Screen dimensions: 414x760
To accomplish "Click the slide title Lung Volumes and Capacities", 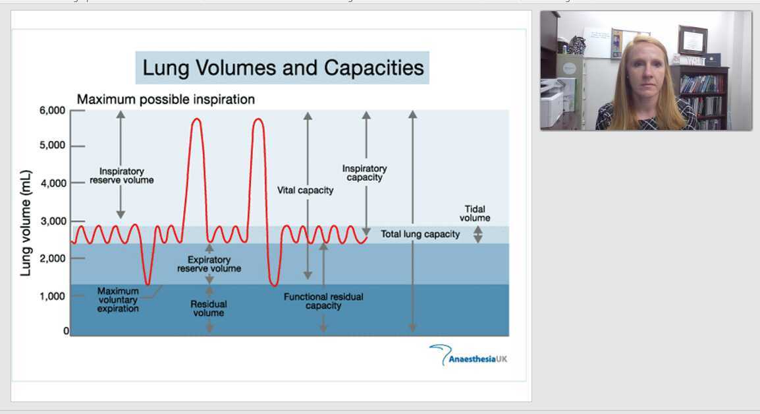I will point(283,68).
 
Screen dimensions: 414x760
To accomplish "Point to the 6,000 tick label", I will point(52,111).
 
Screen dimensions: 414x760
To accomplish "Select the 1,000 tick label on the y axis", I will point(52,297).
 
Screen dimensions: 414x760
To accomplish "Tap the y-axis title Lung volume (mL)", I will point(26,222).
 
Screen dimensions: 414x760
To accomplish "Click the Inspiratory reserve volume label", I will point(121,175).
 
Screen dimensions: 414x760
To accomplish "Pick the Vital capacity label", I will point(305,191).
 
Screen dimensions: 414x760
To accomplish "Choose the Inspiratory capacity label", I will point(364,173).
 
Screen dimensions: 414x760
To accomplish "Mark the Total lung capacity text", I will point(420,234).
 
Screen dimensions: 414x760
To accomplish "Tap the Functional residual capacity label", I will point(323,301).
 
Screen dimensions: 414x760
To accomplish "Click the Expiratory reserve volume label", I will point(209,264).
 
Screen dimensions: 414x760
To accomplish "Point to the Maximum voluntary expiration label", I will point(118,299).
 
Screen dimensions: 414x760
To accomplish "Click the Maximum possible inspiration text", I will point(166,100).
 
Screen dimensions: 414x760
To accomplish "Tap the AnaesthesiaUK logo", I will point(468,356).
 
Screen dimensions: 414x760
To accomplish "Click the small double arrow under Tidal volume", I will point(478,235).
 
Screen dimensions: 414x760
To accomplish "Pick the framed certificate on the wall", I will point(692,40).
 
